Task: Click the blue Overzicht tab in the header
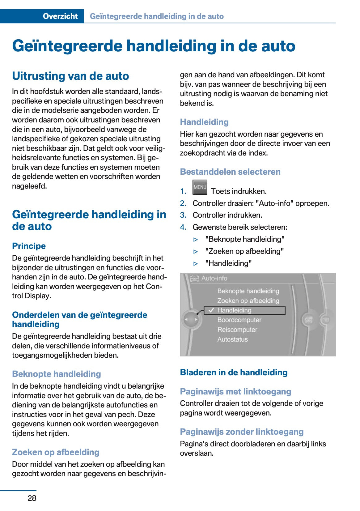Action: tap(60, 16)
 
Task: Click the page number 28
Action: tap(32, 498)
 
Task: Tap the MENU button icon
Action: tap(200, 187)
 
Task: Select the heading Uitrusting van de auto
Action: tap(70, 76)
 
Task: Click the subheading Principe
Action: tap(29, 246)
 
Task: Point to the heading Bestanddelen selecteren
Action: tap(230, 172)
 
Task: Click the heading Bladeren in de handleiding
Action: tap(234, 373)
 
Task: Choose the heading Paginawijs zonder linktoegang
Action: tap(242, 432)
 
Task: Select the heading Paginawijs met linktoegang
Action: tap(235, 392)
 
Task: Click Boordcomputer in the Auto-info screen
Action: tap(239, 320)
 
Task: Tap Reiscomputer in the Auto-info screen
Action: tap(237, 330)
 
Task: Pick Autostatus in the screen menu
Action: tap(232, 339)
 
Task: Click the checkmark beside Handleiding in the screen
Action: tap(211, 310)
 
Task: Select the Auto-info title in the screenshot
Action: tap(214, 278)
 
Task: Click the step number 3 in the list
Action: tap(183, 215)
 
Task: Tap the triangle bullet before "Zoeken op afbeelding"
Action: tap(195, 252)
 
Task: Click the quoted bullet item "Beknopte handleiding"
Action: tap(245, 239)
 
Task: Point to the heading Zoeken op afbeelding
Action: tap(56, 452)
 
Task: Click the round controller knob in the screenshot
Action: tap(191, 319)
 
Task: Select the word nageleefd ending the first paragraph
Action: tap(29, 186)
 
